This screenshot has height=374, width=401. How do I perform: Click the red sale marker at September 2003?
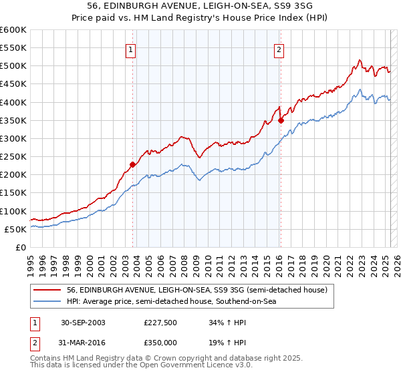tap(133, 164)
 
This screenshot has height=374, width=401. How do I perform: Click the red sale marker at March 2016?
tap(281, 120)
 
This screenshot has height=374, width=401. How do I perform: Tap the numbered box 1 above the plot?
tap(130, 48)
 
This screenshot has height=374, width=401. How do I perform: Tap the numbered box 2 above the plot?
tap(278, 48)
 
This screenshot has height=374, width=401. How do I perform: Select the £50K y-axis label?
tap(15, 229)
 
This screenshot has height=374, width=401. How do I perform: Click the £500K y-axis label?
tap(13, 65)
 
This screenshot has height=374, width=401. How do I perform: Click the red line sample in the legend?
tap(47, 291)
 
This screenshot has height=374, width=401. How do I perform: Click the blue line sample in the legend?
tap(47, 303)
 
